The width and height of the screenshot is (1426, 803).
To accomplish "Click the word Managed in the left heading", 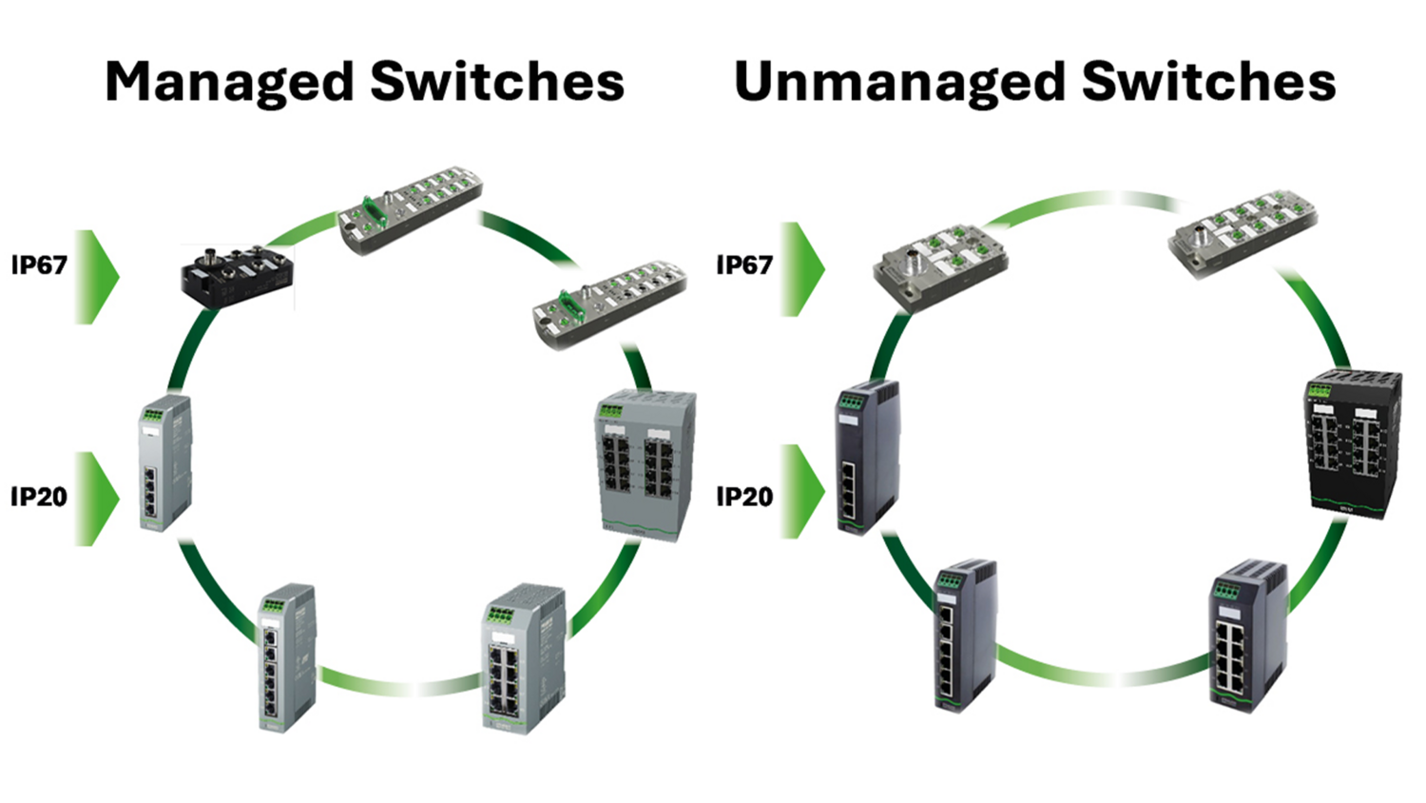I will click(229, 83).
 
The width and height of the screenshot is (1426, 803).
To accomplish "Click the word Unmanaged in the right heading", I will click(899, 83).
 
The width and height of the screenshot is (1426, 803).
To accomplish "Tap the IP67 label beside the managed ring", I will click(39, 264).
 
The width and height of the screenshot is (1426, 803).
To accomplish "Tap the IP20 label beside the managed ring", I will click(39, 496).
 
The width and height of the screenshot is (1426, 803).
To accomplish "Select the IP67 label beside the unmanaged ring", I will click(744, 264).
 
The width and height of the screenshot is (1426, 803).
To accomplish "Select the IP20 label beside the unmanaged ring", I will click(744, 496).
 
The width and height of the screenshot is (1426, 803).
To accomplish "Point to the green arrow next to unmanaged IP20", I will click(802, 492).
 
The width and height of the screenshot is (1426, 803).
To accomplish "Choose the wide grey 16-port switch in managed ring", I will click(646, 465).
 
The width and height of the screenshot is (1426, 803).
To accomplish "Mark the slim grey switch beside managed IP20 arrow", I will click(165, 463).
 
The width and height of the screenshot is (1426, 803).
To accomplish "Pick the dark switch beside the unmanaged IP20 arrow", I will click(867, 457).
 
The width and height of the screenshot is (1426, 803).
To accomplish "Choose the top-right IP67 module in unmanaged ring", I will click(1242, 232).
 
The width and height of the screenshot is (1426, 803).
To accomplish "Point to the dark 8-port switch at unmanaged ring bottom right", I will click(1247, 637).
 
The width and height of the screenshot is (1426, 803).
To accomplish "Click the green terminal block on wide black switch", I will click(1320, 389).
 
